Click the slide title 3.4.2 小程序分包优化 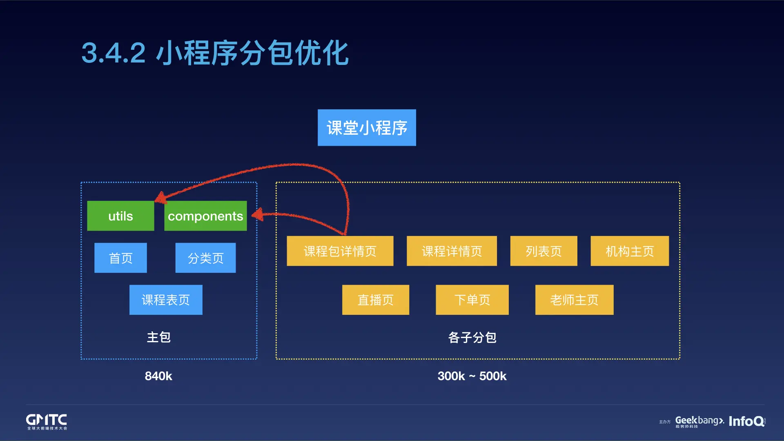(x=215, y=53)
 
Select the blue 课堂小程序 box (x=367, y=128)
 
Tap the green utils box (x=120, y=216)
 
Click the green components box (x=205, y=216)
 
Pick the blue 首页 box (x=120, y=258)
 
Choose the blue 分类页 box (x=205, y=258)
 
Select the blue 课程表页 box (x=166, y=300)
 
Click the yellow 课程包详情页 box (x=340, y=251)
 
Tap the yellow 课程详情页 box (x=452, y=251)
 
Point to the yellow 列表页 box (x=543, y=251)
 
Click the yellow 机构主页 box (x=630, y=251)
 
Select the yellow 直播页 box (x=375, y=300)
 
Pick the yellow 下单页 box (x=472, y=300)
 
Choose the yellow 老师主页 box (x=574, y=300)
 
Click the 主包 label (x=158, y=337)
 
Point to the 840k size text (x=158, y=376)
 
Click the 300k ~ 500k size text (x=472, y=376)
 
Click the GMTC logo (x=47, y=421)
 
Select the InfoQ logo (x=746, y=421)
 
